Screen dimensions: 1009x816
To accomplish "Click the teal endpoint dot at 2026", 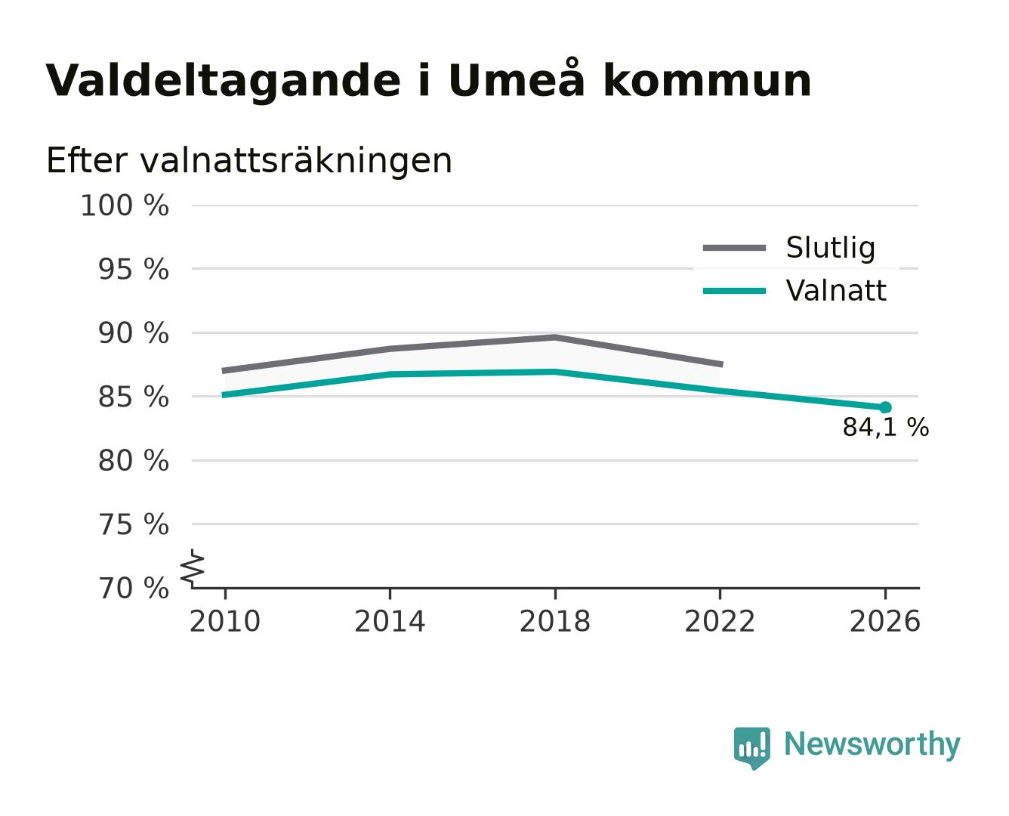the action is pyautogui.click(x=885, y=407).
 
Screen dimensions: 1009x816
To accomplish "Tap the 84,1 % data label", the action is pyautogui.click(x=885, y=427).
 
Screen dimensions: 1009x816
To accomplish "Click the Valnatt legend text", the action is pyautogui.click(x=835, y=290).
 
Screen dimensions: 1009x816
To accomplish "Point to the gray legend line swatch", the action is pyautogui.click(x=734, y=248).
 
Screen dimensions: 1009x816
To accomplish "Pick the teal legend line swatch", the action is pyautogui.click(x=734, y=291).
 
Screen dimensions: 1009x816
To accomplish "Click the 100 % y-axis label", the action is pyautogui.click(x=125, y=206).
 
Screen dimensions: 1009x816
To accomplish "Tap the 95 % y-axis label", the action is pyautogui.click(x=133, y=269).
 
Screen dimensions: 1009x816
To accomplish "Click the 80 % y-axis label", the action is pyautogui.click(x=133, y=460).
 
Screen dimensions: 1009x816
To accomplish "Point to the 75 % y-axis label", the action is pyautogui.click(x=133, y=524).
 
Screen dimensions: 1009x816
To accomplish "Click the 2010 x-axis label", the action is pyautogui.click(x=225, y=621).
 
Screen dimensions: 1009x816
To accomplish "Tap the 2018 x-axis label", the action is pyautogui.click(x=554, y=621).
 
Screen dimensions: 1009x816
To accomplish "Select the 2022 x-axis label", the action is pyautogui.click(x=720, y=621).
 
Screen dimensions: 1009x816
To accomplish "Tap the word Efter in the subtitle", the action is pyautogui.click(x=87, y=160).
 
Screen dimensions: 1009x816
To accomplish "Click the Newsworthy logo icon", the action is pyautogui.click(x=751, y=748).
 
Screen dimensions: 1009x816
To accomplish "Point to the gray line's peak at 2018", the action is pyautogui.click(x=554, y=338).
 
